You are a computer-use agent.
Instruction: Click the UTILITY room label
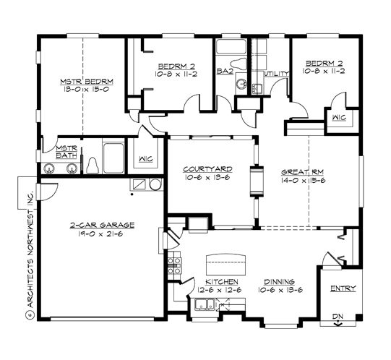277,73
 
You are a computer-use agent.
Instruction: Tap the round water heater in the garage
155,185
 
